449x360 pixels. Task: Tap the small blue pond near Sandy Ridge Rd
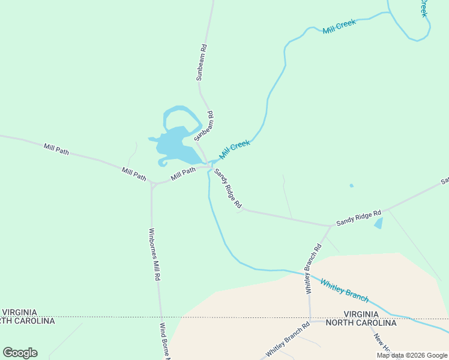point(378,223)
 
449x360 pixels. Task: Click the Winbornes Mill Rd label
point(154,254)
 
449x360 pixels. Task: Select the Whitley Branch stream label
point(344,289)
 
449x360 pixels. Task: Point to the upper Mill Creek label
point(339,26)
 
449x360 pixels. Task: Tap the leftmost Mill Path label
point(56,149)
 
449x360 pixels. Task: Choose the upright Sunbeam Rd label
point(202,62)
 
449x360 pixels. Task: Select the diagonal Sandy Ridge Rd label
point(228,188)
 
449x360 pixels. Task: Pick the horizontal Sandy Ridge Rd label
point(358,218)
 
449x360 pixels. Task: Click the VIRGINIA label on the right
point(361,314)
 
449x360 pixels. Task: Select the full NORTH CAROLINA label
point(361,323)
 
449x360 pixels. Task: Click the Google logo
point(20,353)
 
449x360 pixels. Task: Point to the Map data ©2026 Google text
point(412,355)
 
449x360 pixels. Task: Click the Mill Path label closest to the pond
point(184,173)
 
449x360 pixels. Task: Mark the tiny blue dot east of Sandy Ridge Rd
point(351,185)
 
